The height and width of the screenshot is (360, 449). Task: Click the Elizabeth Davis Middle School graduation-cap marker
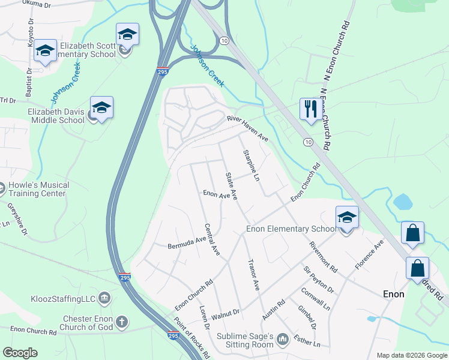[x=102, y=108]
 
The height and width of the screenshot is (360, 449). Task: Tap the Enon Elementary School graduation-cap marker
[x=347, y=218]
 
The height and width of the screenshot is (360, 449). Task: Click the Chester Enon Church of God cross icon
[x=122, y=322]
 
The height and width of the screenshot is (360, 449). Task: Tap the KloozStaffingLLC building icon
[x=104, y=298]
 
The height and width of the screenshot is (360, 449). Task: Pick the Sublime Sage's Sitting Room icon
[x=283, y=341]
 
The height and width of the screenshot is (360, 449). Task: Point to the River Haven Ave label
[x=247, y=128]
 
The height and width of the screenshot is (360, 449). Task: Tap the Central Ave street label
[x=211, y=239]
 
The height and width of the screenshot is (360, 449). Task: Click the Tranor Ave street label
[x=253, y=275]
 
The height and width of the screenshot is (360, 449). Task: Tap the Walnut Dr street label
[x=226, y=313]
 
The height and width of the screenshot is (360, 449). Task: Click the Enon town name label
[x=394, y=295]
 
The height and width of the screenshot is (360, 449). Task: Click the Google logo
[x=20, y=352]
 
